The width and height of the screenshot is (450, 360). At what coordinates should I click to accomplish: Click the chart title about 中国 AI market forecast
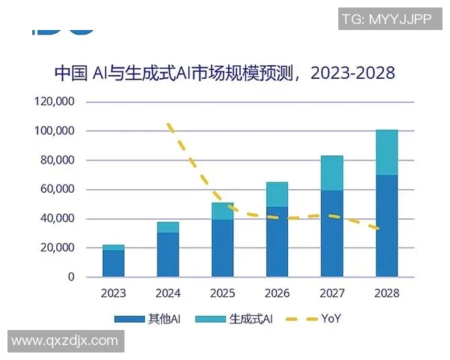225,73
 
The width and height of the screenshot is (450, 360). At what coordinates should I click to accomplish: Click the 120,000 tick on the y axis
55,101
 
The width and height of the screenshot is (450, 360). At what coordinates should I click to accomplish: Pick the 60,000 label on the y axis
57,189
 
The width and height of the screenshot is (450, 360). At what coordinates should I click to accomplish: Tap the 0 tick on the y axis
71,277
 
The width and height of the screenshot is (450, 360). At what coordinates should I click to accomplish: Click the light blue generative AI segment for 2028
386,152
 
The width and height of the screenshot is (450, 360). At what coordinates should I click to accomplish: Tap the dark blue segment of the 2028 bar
386,226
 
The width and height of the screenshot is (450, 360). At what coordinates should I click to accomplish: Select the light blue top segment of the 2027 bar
331,173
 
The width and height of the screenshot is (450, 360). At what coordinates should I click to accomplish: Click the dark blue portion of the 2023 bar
113,263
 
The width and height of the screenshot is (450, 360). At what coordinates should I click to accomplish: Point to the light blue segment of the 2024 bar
168,227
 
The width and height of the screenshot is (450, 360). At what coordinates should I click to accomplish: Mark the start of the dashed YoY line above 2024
169,124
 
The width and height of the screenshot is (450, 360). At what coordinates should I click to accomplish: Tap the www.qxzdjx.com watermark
64,341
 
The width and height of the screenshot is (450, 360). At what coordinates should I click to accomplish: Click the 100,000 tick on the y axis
55,130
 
